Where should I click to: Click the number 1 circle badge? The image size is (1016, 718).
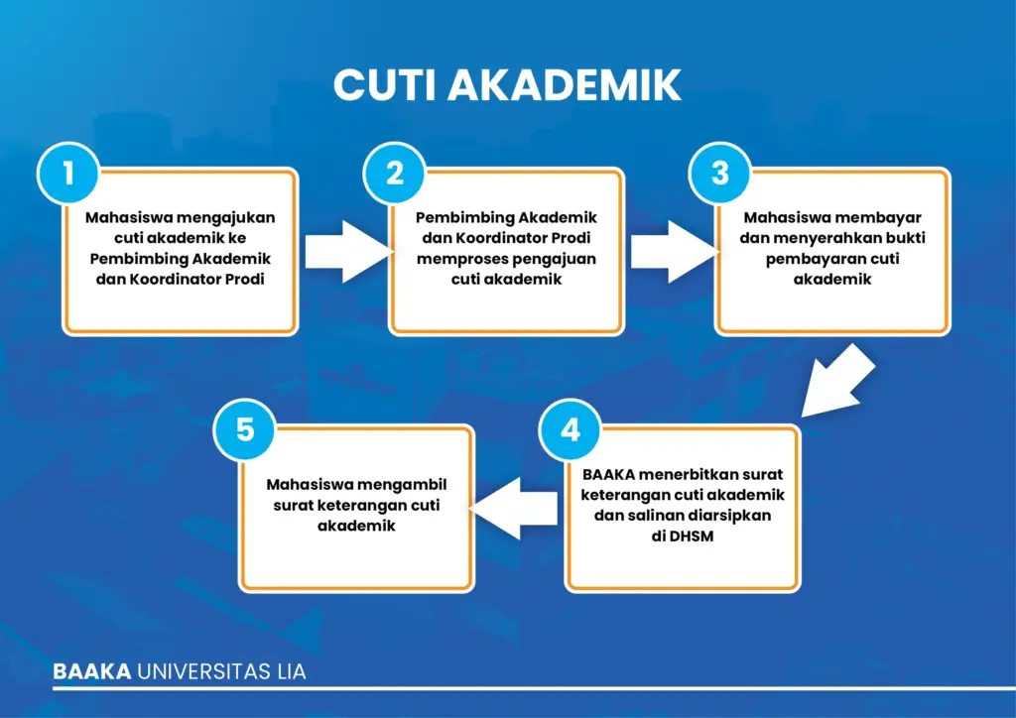(68, 174)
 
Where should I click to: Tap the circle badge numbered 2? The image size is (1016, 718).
(395, 174)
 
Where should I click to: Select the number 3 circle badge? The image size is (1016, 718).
(720, 174)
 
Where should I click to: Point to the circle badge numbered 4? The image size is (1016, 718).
(571, 429)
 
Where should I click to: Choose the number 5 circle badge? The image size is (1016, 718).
(245, 429)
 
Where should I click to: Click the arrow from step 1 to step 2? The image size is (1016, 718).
(348, 252)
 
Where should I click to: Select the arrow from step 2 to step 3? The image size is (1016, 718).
(675, 252)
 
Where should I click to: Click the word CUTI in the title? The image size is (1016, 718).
(384, 85)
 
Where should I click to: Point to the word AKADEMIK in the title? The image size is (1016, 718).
(565, 85)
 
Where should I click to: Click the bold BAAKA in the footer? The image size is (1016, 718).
(92, 671)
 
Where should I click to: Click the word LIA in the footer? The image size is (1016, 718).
(291, 671)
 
